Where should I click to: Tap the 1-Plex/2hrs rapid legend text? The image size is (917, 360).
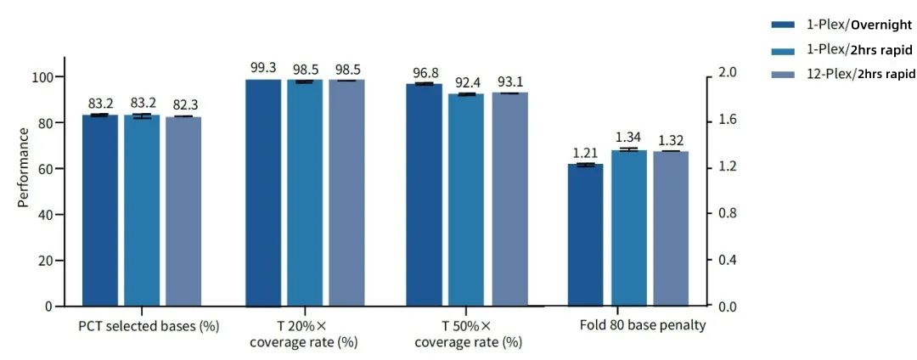pos(859,50)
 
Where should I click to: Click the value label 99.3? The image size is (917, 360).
pos(263,67)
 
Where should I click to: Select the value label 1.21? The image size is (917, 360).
pos(585,152)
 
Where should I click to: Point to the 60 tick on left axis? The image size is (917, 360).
pos(47,169)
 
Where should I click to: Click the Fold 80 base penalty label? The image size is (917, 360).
pos(643,325)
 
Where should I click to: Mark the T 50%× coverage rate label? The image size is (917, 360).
pos(468,334)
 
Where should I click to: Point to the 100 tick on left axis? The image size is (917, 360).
pos(43,77)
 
